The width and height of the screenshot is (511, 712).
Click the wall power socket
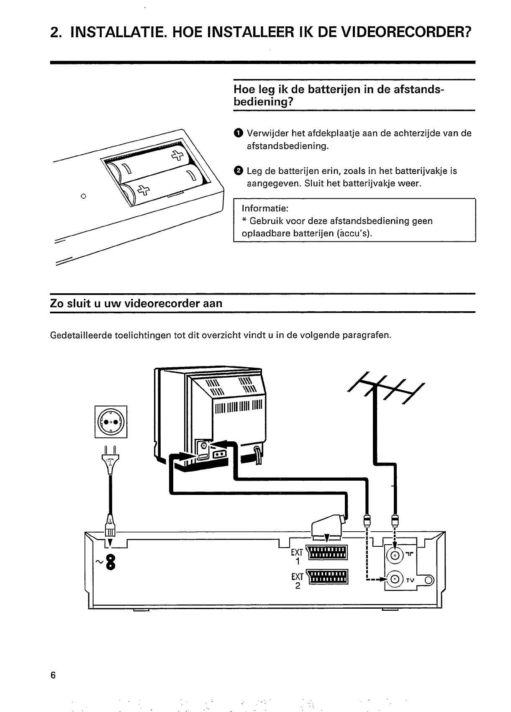pos(111,422)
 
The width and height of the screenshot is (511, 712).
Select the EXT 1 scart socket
pos(327,553)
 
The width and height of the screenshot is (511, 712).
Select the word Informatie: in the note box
pos(265,208)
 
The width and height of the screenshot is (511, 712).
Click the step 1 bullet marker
pos(238,133)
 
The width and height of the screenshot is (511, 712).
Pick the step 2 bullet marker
pos(238,171)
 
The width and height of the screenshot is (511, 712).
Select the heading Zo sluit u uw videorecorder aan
pos(136,303)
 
